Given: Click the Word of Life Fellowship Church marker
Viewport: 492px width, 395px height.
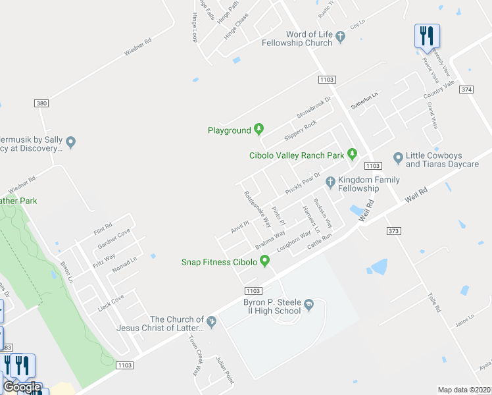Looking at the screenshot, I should tap(340, 37).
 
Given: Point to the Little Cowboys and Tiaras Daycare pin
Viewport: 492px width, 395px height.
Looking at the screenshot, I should tap(397, 157).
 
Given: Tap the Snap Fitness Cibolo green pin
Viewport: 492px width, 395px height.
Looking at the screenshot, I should tap(264, 261).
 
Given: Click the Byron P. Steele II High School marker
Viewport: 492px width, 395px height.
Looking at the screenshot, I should tap(308, 305).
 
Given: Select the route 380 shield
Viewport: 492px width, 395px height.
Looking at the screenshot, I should tap(41, 103).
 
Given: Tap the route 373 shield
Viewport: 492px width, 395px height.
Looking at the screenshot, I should tap(393, 230).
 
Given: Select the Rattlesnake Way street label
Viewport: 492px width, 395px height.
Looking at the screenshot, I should tap(253, 205).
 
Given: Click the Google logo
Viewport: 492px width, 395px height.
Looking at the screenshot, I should tap(22, 388).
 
